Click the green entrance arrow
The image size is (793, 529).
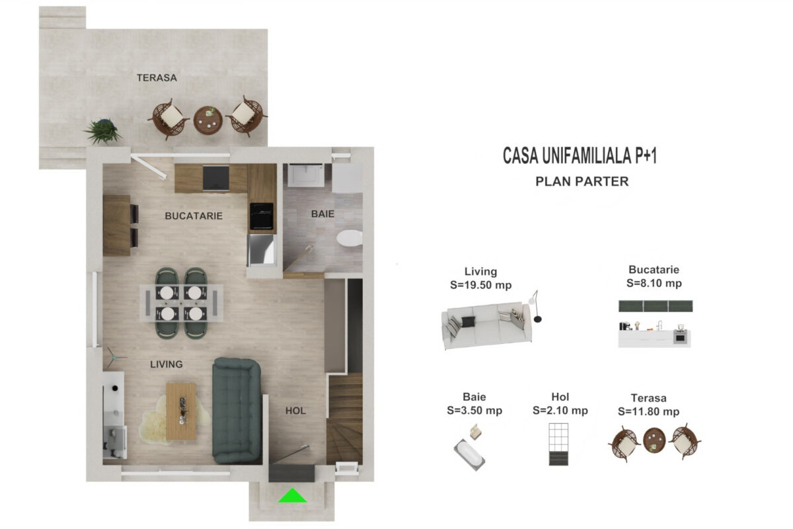coord(292,496)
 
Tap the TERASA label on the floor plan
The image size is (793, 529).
coord(157,78)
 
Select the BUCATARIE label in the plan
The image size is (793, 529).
coord(194,216)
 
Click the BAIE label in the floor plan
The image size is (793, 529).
coord(322,214)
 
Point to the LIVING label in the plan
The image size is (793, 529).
coord(167,364)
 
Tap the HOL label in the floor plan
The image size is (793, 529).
coord(295,411)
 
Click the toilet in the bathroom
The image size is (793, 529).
coord(350,238)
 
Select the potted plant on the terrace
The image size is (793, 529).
coord(103,132)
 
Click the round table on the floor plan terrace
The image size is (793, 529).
coord(208,120)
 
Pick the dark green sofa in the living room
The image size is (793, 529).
coord(237,410)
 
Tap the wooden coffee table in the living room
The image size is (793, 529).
coord(181,411)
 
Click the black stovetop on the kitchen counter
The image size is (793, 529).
coord(262,216)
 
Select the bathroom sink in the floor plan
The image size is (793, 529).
coord(305,175)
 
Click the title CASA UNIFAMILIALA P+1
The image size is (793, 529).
coord(580,156)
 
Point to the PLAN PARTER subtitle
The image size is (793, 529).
coord(582,181)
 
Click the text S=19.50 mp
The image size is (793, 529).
coord(481,285)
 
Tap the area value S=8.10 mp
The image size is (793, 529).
coord(654,283)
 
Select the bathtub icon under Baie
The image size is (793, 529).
coord(469,454)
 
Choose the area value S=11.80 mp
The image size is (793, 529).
coord(648,411)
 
